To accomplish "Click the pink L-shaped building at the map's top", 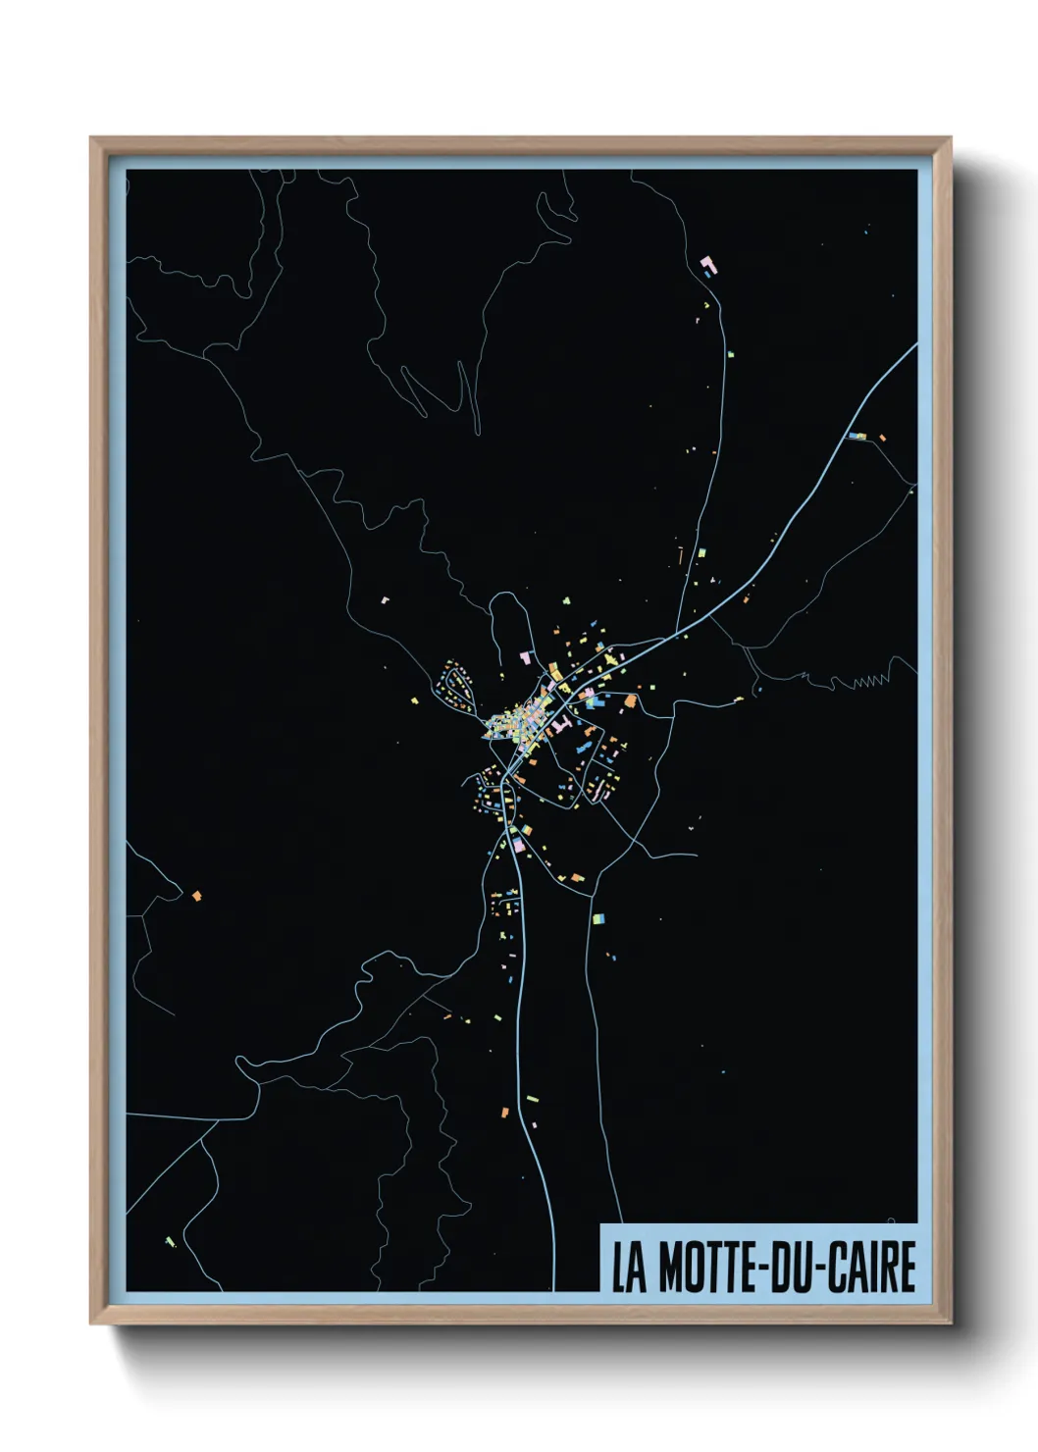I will coord(707,264).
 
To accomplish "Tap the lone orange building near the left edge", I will coord(196,896).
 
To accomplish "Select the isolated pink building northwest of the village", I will coord(386,597).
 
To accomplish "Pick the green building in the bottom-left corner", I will coord(170,1242).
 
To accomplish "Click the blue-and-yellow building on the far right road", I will coord(857,436).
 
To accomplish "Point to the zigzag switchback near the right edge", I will coord(871,680).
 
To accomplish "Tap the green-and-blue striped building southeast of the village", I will coord(598,919).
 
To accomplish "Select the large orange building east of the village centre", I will coord(630,700).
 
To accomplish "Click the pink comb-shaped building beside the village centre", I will coord(561,725).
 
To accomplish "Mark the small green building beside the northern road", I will coord(730,353).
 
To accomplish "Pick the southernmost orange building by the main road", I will coord(505,1112).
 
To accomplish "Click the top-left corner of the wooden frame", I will coord(91,139).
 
